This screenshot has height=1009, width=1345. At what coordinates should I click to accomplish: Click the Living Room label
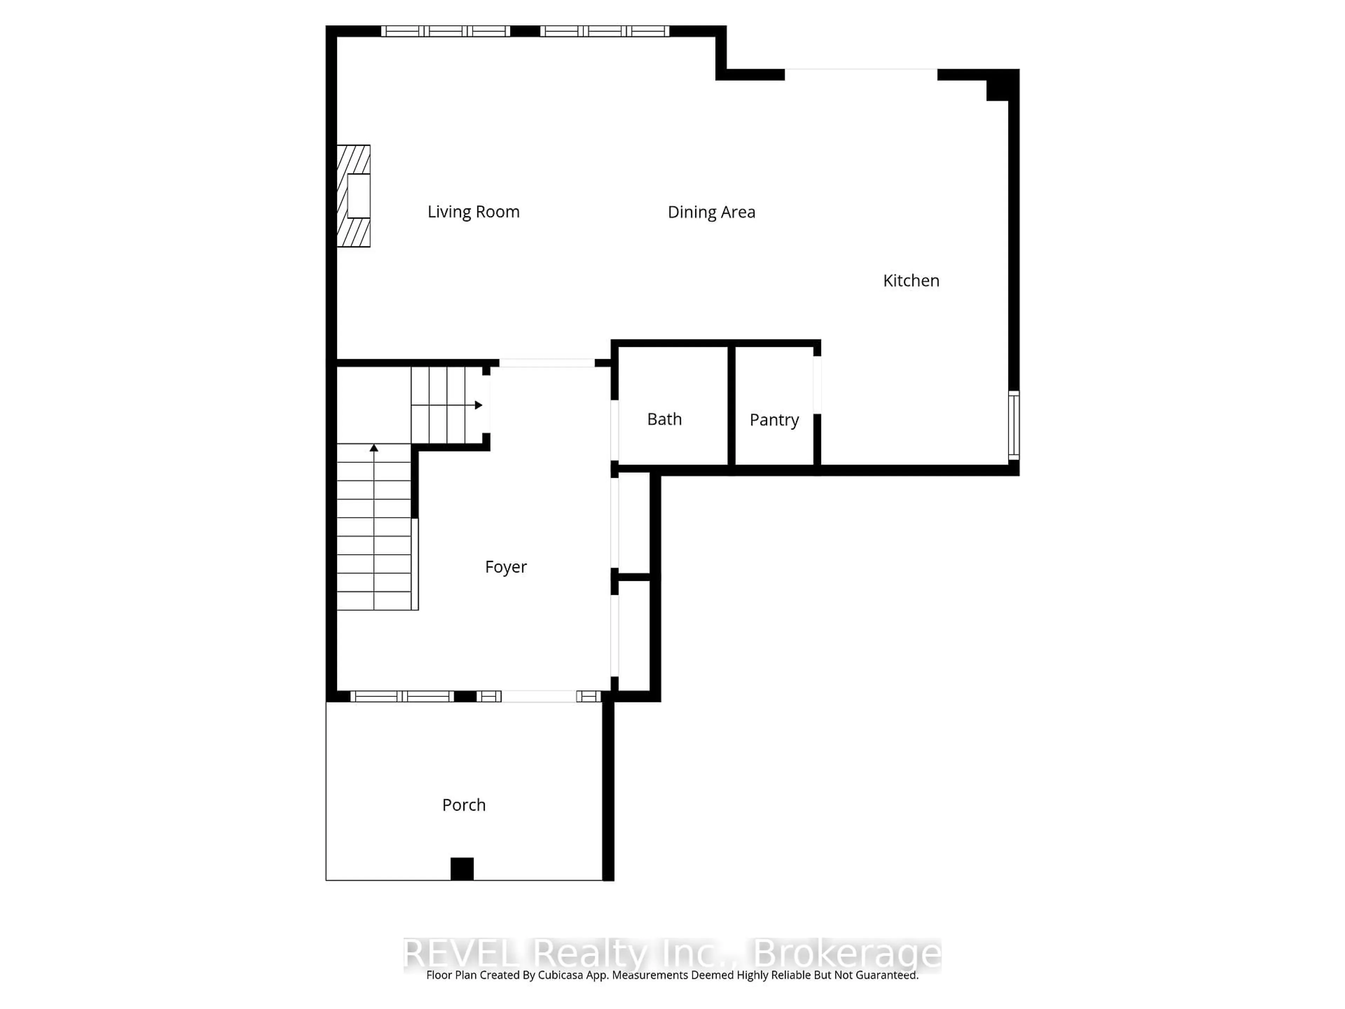[x=473, y=212]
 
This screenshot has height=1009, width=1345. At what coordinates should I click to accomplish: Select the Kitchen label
[x=911, y=280]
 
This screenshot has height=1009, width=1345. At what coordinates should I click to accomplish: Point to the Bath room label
[x=664, y=419]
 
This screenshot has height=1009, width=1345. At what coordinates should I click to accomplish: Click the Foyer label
[x=505, y=567]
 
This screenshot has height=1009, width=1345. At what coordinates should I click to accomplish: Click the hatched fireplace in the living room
[x=354, y=196]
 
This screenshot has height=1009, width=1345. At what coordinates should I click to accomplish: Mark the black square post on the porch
[x=462, y=869]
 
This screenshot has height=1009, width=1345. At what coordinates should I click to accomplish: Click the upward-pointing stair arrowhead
[x=374, y=448]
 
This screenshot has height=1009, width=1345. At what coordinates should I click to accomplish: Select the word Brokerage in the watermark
[x=847, y=954]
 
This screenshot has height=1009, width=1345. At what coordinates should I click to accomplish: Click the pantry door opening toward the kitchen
[x=817, y=385]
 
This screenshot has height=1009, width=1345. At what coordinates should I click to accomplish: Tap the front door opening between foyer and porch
[x=539, y=696]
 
